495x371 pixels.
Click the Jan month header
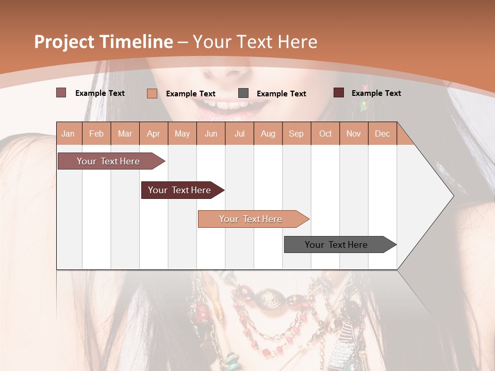click(68, 134)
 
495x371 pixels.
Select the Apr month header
click(153, 134)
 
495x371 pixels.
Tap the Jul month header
click(239, 134)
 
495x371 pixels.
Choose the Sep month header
click(296, 134)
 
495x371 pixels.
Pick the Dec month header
click(382, 134)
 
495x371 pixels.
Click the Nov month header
click(353, 134)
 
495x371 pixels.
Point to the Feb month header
click(96, 134)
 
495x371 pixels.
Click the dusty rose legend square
click(61, 93)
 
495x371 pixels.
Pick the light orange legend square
click(152, 93)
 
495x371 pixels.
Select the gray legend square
click(243, 93)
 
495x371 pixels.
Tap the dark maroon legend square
click(339, 93)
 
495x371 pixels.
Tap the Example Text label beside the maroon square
click(376, 93)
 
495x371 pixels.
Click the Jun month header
click(210, 134)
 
